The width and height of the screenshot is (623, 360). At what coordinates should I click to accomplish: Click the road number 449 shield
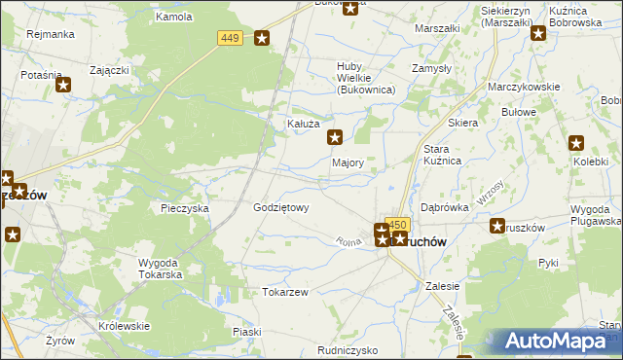click(230, 38)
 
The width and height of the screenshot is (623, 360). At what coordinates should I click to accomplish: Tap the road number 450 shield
click(396, 224)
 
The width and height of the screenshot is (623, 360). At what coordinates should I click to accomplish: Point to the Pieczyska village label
click(185, 208)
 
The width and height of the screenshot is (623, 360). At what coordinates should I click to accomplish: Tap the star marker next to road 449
click(262, 39)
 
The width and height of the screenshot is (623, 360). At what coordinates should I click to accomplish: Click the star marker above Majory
click(335, 138)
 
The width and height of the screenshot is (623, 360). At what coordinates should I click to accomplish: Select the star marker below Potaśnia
click(64, 85)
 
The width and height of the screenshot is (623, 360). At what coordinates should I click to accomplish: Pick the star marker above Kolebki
click(575, 143)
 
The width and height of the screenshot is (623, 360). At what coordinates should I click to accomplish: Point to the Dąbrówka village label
click(445, 207)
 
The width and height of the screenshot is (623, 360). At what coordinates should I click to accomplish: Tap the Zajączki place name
click(110, 70)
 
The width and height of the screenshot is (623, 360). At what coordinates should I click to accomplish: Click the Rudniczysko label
click(348, 349)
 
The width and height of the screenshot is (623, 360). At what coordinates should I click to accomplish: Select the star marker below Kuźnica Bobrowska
click(537, 33)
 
